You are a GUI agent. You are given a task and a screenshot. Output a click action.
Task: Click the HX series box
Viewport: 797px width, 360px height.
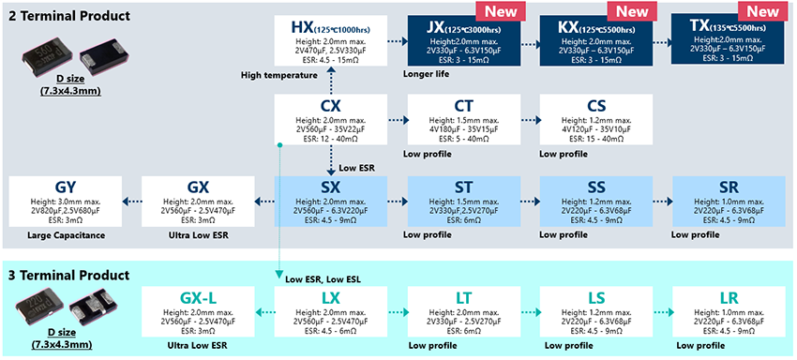(x=330, y=40)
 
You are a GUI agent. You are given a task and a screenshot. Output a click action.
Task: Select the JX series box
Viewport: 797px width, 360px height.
(x=463, y=40)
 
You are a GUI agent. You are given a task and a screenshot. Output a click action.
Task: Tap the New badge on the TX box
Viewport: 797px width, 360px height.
(x=761, y=10)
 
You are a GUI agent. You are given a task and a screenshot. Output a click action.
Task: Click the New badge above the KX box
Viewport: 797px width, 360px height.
(x=629, y=10)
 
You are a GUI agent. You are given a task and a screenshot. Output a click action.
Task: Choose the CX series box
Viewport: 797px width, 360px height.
(x=330, y=119)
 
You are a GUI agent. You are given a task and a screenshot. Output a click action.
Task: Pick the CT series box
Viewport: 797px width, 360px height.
(x=463, y=119)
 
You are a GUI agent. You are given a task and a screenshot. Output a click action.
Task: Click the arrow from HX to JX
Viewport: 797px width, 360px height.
(x=397, y=41)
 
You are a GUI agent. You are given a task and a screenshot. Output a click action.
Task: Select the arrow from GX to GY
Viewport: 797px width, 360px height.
(x=131, y=200)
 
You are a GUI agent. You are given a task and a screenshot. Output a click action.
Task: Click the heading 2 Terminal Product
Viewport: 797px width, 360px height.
(x=70, y=16)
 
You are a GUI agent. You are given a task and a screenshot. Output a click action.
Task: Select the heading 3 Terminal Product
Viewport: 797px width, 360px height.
(x=70, y=276)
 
